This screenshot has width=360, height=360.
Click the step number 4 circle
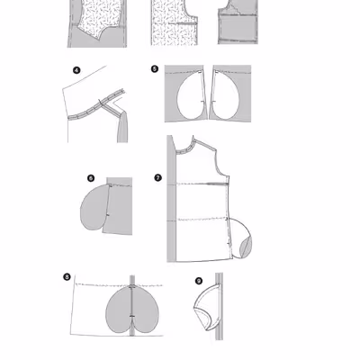point(76,70)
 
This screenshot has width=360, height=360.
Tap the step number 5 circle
point(155,69)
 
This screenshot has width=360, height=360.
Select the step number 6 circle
point(91,178)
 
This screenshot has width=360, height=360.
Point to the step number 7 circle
point(158,177)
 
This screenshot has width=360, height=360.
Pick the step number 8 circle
point(67,276)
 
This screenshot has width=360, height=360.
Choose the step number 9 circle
point(199,281)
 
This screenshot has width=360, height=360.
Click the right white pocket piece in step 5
point(225,95)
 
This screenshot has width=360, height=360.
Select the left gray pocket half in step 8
point(119,310)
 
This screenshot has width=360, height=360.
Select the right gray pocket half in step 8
point(146,310)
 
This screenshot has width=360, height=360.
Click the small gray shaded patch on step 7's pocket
point(246,246)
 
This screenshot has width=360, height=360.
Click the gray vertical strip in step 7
point(171,199)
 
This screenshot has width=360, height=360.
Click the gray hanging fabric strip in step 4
point(122,128)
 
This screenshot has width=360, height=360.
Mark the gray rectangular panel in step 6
point(119,206)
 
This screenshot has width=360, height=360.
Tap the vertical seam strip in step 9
point(219,307)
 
